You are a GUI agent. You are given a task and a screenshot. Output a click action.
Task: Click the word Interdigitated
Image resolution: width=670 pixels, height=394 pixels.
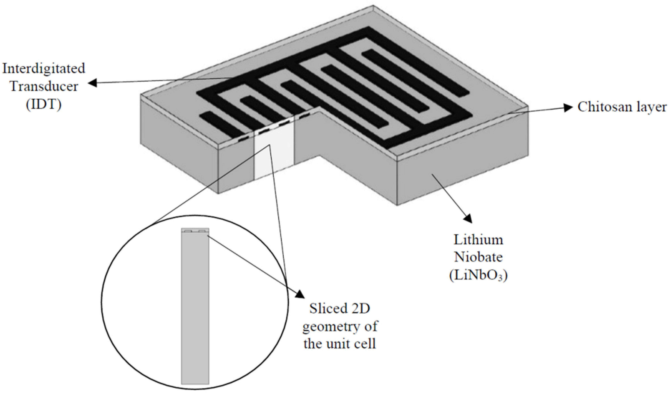pyautogui.click(x=44, y=69)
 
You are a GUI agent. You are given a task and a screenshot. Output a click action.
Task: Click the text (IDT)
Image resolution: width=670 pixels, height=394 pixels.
pyautogui.click(x=44, y=104)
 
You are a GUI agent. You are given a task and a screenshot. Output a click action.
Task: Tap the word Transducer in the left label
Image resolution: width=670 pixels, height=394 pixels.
pyautogui.click(x=44, y=86)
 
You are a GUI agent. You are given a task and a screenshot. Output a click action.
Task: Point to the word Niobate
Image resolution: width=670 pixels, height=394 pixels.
pyautogui.click(x=478, y=257)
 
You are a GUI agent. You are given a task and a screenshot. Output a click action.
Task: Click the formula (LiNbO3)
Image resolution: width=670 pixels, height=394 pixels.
pyautogui.click(x=478, y=275)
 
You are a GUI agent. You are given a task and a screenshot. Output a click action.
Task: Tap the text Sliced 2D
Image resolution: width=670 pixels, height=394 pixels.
pyautogui.click(x=340, y=309)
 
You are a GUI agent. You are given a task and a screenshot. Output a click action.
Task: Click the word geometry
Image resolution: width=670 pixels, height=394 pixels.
pyautogui.click(x=328, y=326)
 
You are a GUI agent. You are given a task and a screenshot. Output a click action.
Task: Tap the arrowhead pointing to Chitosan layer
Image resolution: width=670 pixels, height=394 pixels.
pyautogui.click(x=568, y=108)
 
